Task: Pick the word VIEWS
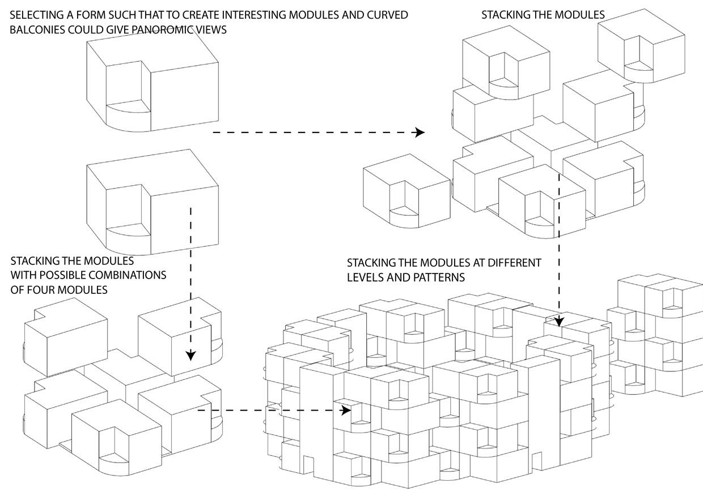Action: click(x=211, y=30)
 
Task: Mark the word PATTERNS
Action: click(x=439, y=277)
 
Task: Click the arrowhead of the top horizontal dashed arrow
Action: click(x=420, y=132)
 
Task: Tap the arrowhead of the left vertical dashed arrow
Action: click(x=190, y=356)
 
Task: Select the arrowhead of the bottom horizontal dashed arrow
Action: click(x=346, y=410)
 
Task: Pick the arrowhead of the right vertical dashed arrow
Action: click(x=559, y=322)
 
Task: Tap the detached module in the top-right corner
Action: click(x=641, y=46)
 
